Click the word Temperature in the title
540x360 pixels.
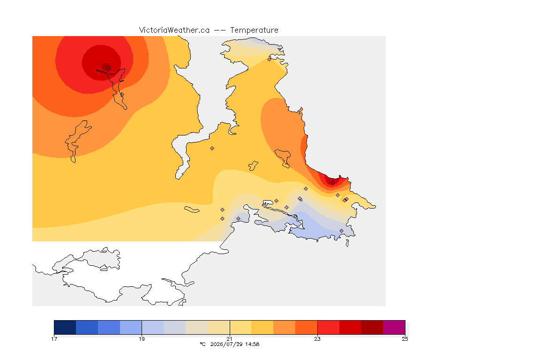click(254, 30)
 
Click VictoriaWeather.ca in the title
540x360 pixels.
click(174, 30)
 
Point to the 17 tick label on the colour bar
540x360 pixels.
click(54, 339)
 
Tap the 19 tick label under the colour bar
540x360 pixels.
click(142, 339)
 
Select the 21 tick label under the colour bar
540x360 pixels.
click(229, 339)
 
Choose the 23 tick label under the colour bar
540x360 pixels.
click(317, 339)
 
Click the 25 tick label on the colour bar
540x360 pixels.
click(405, 339)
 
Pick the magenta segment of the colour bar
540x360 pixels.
click(394, 327)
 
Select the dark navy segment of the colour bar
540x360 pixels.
click(65, 327)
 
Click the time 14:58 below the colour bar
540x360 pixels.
click(252, 344)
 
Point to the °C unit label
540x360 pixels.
click(202, 344)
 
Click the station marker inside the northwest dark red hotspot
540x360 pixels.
click(108, 68)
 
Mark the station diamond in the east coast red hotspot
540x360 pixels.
click(332, 183)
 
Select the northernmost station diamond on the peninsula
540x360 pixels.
click(270, 59)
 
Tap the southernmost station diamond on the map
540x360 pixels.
click(341, 231)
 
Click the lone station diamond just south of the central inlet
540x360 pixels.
click(212, 149)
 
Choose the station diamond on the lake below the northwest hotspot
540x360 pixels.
click(122, 94)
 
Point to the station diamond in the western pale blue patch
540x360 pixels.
click(238, 219)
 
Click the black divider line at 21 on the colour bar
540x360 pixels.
click(230, 327)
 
